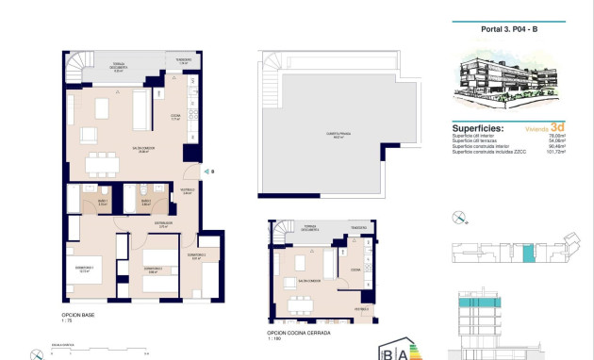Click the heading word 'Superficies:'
[x=478, y=128]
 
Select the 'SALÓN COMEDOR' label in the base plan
[x=116, y=150]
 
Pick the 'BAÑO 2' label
[x=146, y=202]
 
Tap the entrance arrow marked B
[x=210, y=172]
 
